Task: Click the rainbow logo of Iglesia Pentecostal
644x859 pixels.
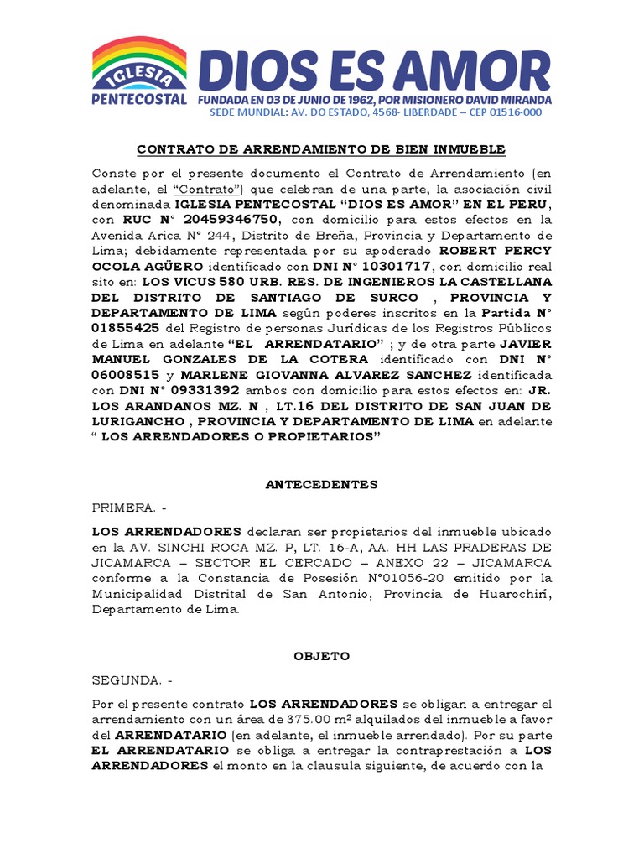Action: click(x=139, y=65)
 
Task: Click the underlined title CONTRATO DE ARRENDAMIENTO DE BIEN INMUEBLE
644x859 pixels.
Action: click(x=321, y=149)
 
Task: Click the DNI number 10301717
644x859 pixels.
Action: click(x=396, y=267)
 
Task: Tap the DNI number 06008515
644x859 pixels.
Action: click(x=125, y=375)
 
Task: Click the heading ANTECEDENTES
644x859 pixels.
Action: click(x=321, y=485)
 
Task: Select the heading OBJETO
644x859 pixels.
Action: click(x=321, y=657)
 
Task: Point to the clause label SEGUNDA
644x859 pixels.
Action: click(x=126, y=680)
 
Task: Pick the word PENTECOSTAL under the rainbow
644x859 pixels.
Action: click(x=138, y=99)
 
